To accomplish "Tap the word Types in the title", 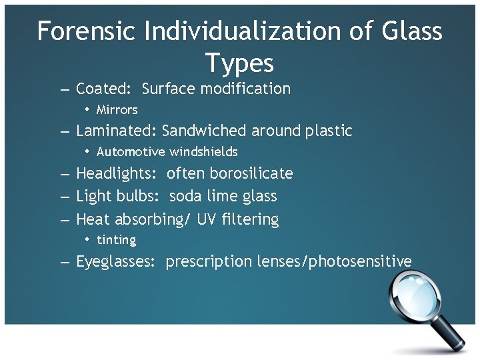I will click(x=239, y=63).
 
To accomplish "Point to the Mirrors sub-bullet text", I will click(x=117, y=110).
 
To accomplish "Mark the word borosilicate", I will click(x=251, y=173).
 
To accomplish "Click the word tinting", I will click(x=116, y=240).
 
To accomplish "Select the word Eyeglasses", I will click(x=117, y=261).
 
